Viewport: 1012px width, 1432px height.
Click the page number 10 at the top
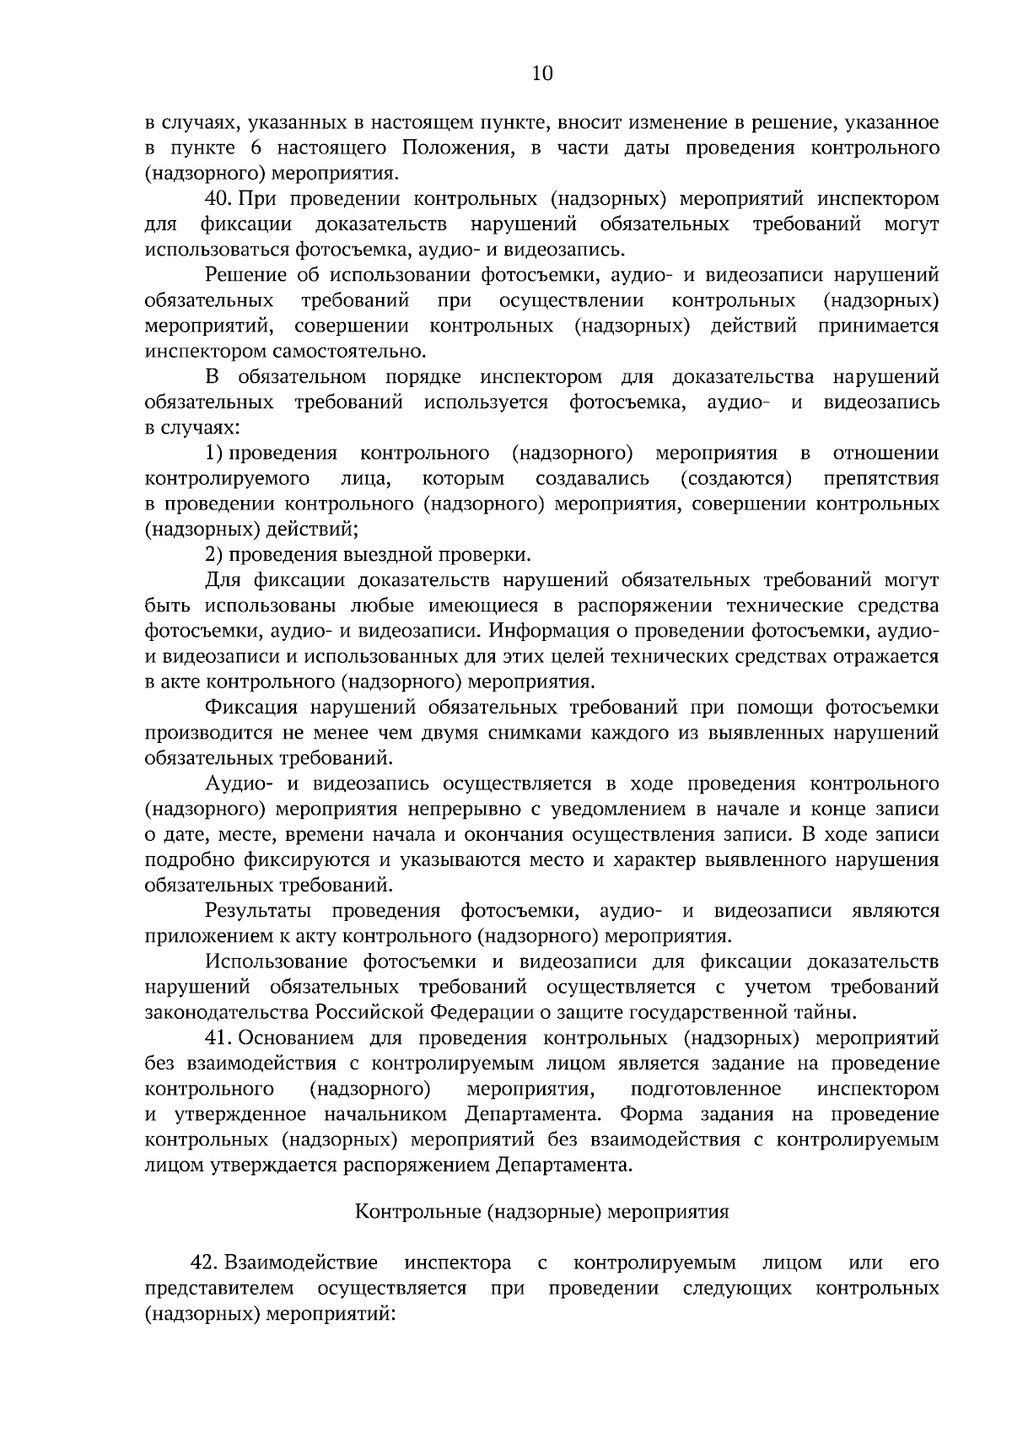pos(541,73)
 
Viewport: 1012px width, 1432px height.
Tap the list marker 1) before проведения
pos(213,454)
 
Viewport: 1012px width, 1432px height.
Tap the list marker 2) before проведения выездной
pos(213,555)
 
